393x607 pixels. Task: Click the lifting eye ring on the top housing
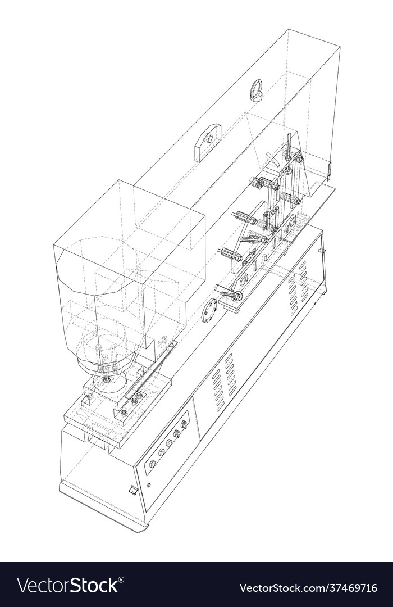257,90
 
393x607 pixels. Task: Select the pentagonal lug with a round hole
207,140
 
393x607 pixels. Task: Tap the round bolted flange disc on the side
209,310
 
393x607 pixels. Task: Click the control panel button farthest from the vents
152,464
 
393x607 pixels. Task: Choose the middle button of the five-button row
168,443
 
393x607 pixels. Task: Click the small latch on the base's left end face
133,490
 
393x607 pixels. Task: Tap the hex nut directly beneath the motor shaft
107,380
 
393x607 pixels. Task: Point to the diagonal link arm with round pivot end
231,294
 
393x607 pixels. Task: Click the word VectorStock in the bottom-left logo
67,586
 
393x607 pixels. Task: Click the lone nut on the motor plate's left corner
89,397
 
